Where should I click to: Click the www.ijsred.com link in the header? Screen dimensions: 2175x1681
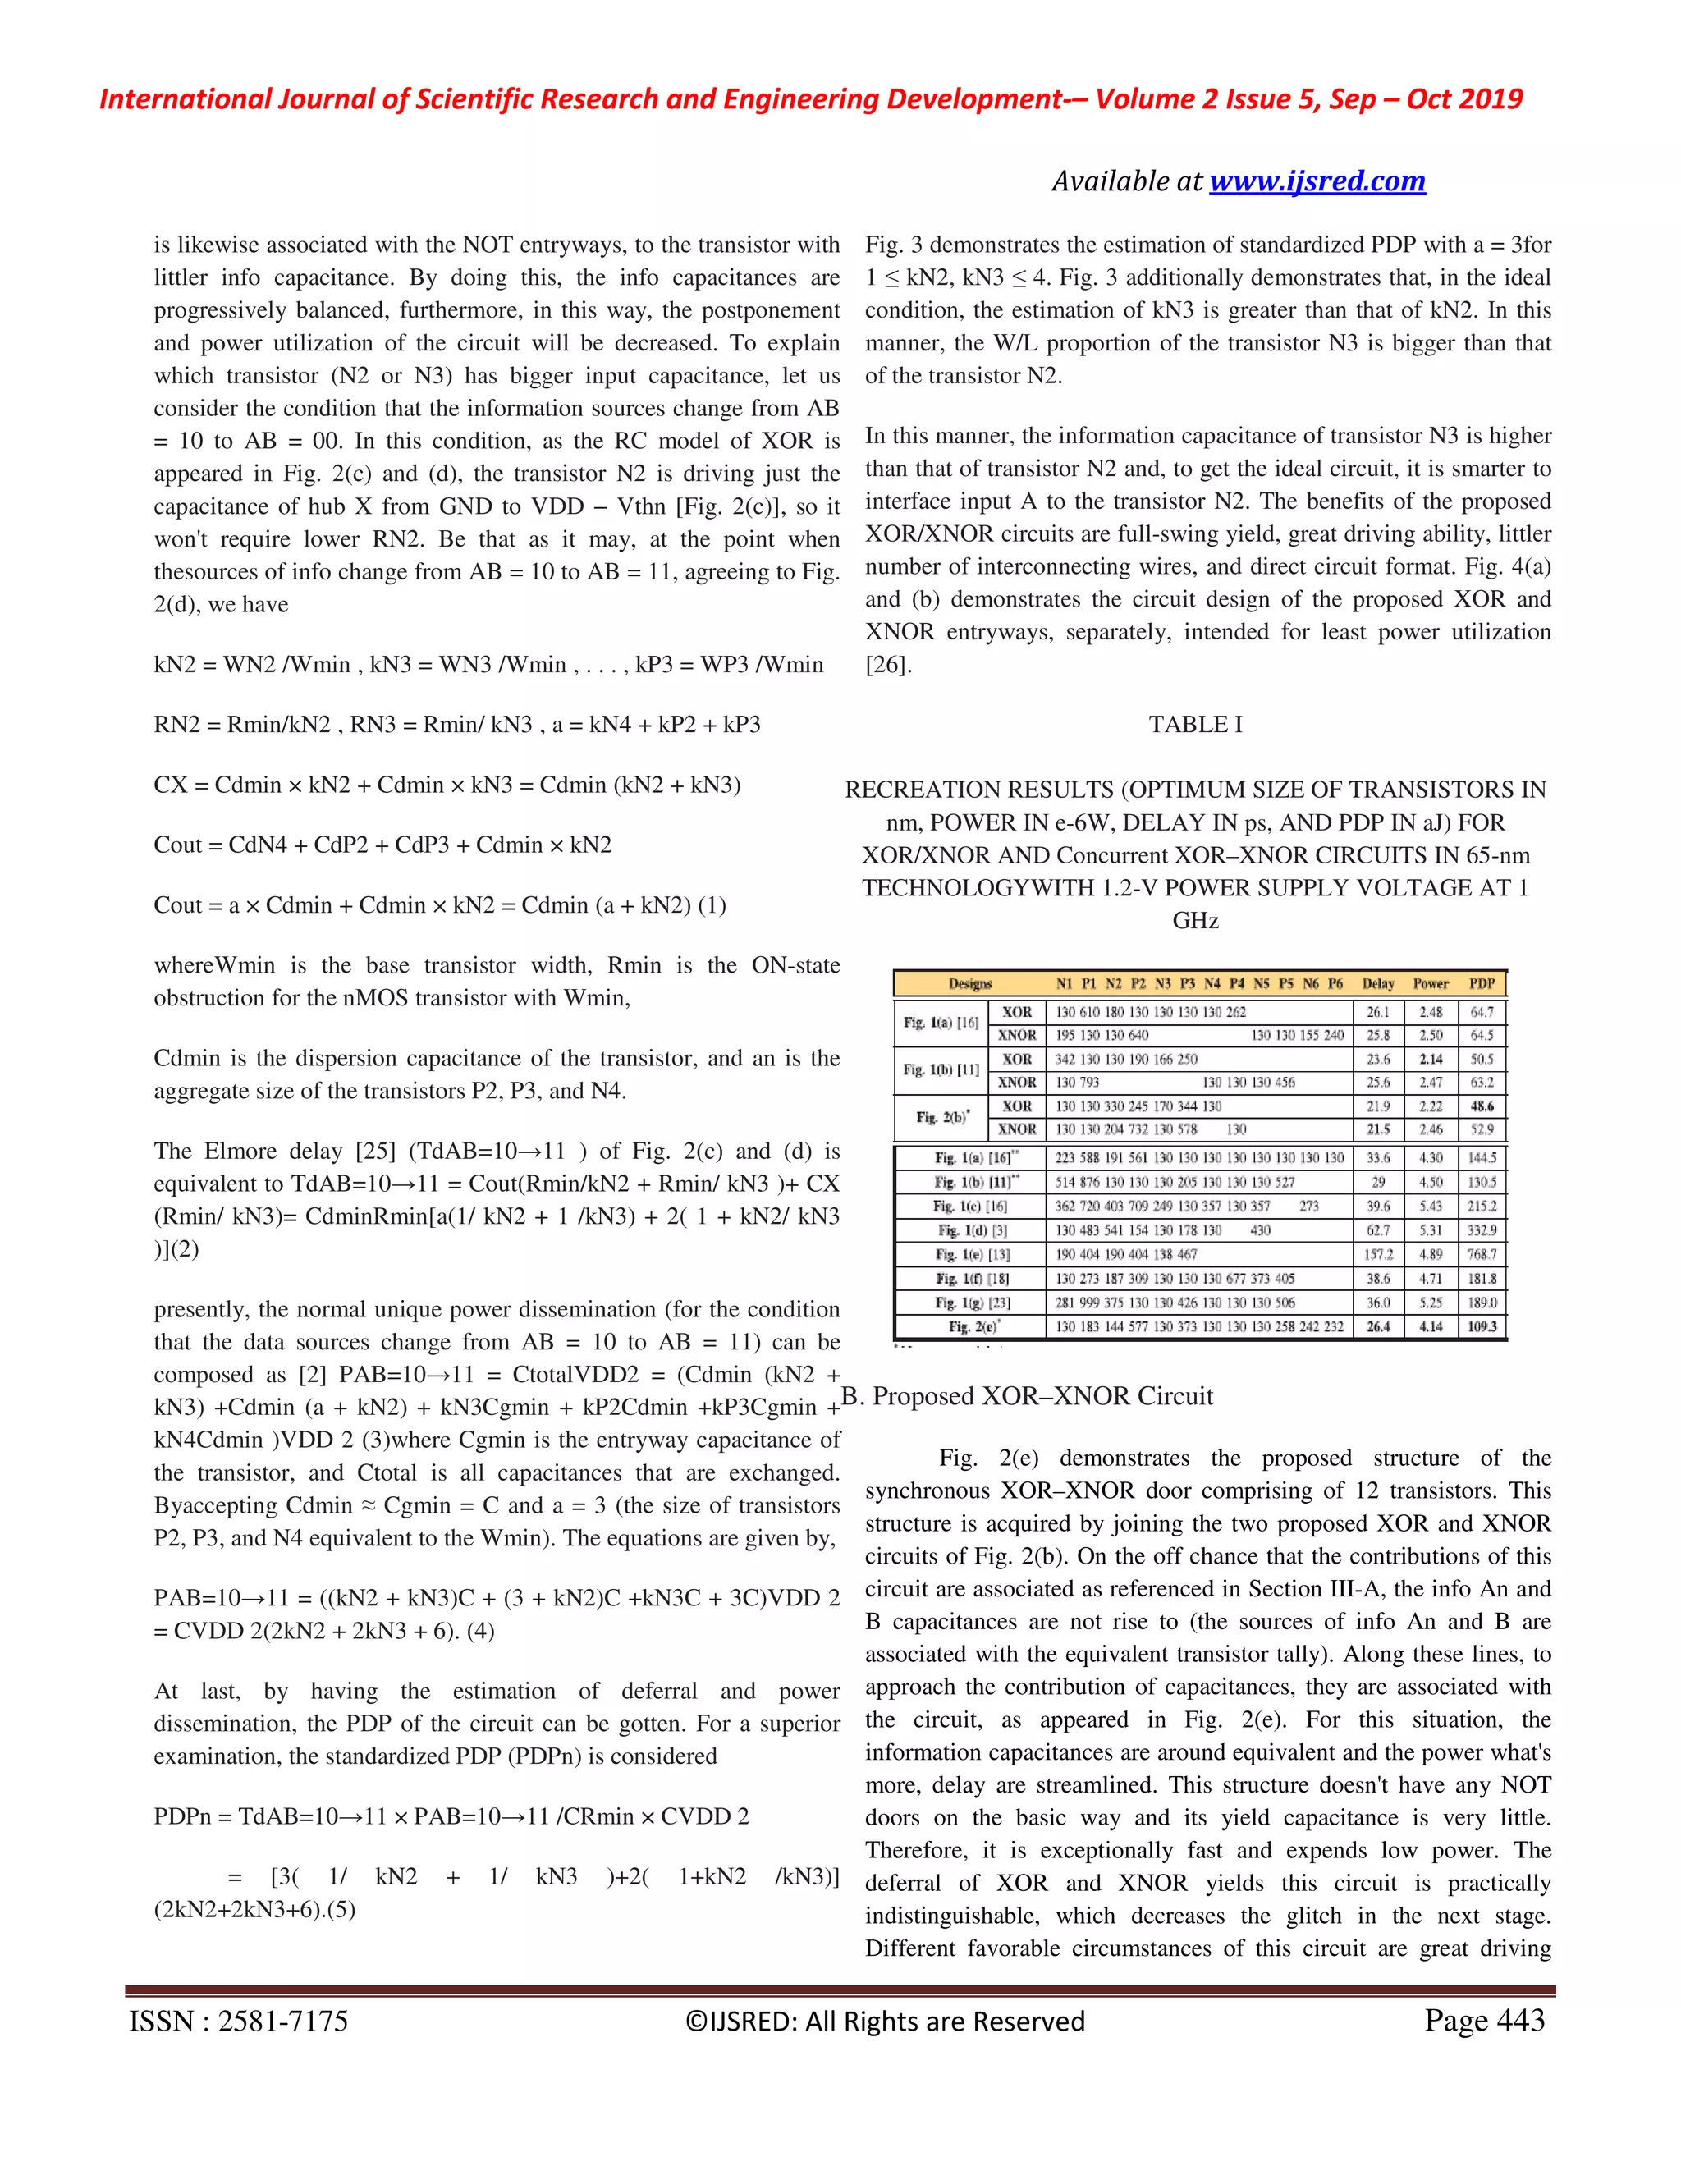coord(1317,181)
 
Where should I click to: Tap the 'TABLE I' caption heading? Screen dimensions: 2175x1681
coord(1195,724)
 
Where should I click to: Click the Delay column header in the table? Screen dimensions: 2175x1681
coord(1378,984)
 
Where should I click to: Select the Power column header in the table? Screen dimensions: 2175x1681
coord(1430,984)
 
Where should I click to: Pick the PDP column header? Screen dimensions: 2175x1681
coord(1482,984)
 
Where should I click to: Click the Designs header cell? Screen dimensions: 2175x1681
coord(969,984)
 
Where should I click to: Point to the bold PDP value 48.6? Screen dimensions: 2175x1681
coord(1482,1106)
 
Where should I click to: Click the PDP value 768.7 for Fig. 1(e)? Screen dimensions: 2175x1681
coord(1482,1255)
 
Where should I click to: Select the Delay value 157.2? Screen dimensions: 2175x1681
coord(1378,1255)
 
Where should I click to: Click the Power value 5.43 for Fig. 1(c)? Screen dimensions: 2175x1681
coord(1430,1206)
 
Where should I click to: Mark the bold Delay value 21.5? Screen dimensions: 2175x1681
coord(1378,1129)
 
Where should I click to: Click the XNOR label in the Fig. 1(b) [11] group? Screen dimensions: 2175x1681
coord(1017,1083)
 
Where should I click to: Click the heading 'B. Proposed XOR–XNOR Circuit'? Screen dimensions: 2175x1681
coord(1028,1396)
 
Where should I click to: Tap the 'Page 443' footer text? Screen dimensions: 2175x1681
coord(1484,2020)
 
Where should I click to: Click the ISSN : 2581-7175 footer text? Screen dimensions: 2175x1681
coord(239,2021)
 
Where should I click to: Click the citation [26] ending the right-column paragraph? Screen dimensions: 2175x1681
coord(888,666)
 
